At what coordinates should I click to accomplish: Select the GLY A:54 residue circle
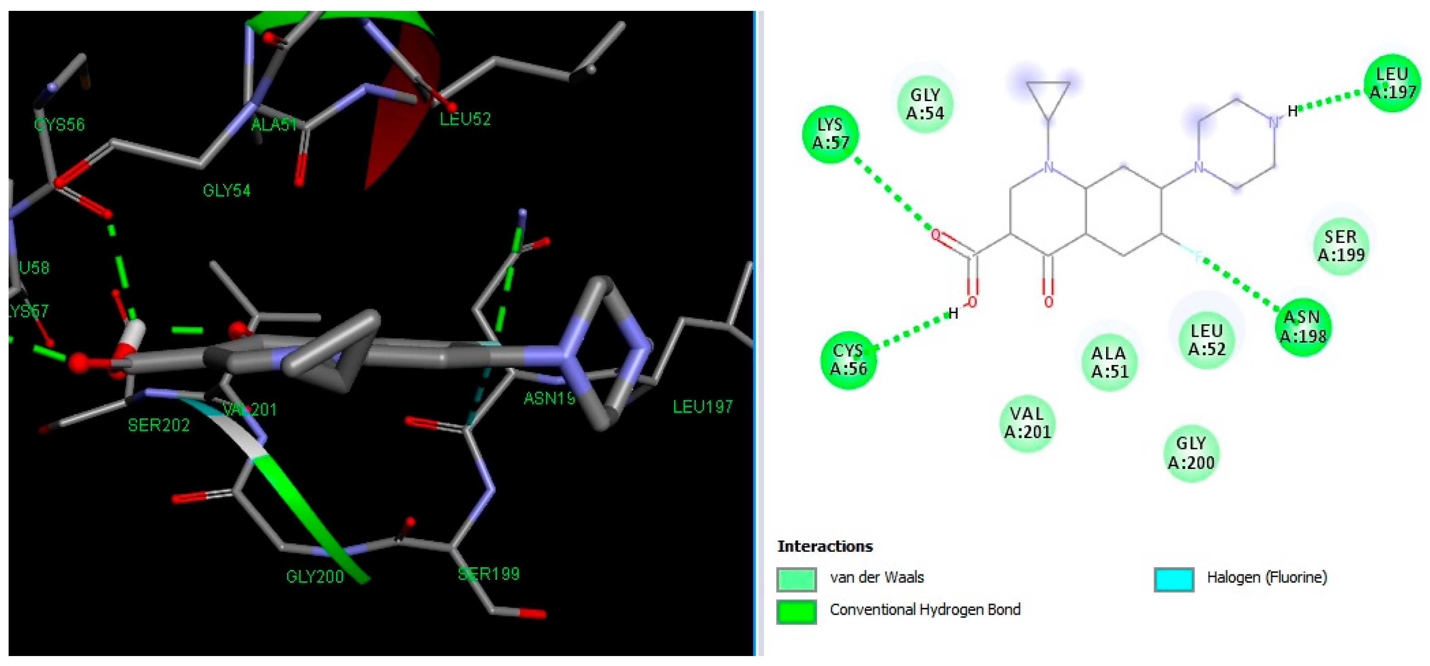[x=925, y=104]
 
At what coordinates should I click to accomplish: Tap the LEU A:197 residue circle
[x=1391, y=83]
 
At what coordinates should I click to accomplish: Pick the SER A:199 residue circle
[x=1341, y=246]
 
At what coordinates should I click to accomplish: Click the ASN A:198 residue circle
[x=1302, y=327]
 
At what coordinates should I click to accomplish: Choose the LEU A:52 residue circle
[x=1206, y=339]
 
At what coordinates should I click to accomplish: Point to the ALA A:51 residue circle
[x=1109, y=362]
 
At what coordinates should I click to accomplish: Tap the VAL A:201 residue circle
[x=1027, y=423]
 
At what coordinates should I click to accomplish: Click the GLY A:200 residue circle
[x=1191, y=453]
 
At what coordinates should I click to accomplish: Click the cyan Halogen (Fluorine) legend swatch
[x=1174, y=579]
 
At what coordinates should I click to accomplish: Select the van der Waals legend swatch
[x=796, y=579]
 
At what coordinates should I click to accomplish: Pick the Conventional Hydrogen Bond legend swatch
[x=796, y=612]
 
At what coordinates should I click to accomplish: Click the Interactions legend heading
[x=824, y=546]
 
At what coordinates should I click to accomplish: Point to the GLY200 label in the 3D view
[x=315, y=577]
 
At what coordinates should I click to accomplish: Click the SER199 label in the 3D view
[x=488, y=574]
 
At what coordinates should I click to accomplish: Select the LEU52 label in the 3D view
[x=465, y=119]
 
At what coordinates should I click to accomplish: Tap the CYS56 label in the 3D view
[x=59, y=125]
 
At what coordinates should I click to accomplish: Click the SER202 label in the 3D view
[x=159, y=425]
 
